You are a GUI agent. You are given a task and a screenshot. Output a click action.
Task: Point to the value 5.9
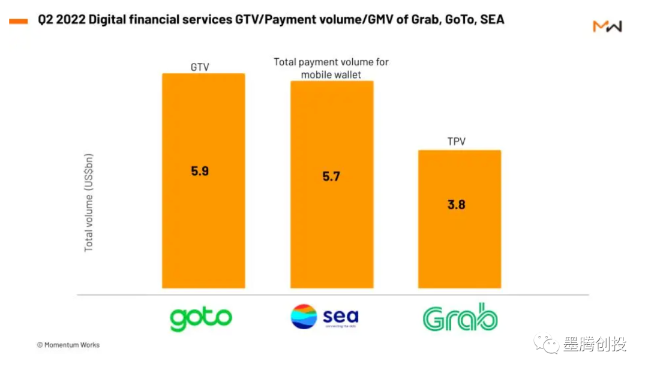click(x=200, y=171)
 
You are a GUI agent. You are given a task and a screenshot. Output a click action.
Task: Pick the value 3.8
click(x=457, y=204)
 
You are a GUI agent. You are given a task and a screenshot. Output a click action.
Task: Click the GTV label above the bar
click(x=199, y=67)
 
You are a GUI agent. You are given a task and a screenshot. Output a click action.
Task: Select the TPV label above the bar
click(x=457, y=142)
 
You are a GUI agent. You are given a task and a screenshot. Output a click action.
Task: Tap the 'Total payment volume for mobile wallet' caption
click(x=331, y=68)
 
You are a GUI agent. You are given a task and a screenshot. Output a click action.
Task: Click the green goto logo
click(x=200, y=318)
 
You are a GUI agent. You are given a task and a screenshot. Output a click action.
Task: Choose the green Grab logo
click(x=460, y=318)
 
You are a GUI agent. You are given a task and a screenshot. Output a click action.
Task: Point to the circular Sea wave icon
click(x=304, y=317)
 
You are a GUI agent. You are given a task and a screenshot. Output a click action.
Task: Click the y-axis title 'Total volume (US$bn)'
click(x=89, y=203)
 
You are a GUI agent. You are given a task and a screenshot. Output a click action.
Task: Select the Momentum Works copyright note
click(x=68, y=345)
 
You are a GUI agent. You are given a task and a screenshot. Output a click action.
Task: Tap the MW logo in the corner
click(x=607, y=26)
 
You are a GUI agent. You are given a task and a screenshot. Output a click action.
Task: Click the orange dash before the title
click(x=18, y=21)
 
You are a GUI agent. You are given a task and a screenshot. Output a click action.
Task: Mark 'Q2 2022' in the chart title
click(x=62, y=20)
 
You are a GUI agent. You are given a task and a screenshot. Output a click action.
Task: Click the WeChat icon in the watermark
click(x=548, y=344)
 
